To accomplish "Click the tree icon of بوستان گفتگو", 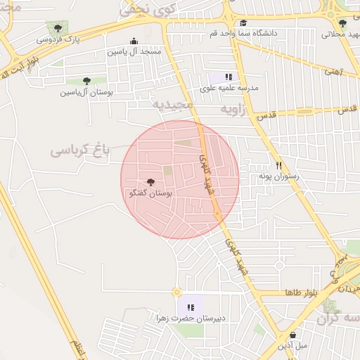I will [150, 182].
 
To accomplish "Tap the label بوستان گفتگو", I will [150, 193].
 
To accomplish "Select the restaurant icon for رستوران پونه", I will [278, 165].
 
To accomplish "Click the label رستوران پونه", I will [278, 176].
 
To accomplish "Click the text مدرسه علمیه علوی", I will [230, 88].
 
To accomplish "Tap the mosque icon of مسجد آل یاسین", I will [134, 41].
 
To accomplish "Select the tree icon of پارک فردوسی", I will [58, 28].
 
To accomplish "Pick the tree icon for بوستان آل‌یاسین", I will [86, 82].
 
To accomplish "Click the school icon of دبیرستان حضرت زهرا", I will [190, 307].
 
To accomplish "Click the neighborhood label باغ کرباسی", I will [80, 150].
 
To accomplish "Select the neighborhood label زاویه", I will [235, 110].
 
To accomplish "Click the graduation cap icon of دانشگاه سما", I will [243, 22].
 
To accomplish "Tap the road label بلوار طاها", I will [302, 292].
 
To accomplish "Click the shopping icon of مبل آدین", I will [292, 335].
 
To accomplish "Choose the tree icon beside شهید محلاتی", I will [342, 23].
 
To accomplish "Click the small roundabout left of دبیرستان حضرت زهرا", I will [176, 292].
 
